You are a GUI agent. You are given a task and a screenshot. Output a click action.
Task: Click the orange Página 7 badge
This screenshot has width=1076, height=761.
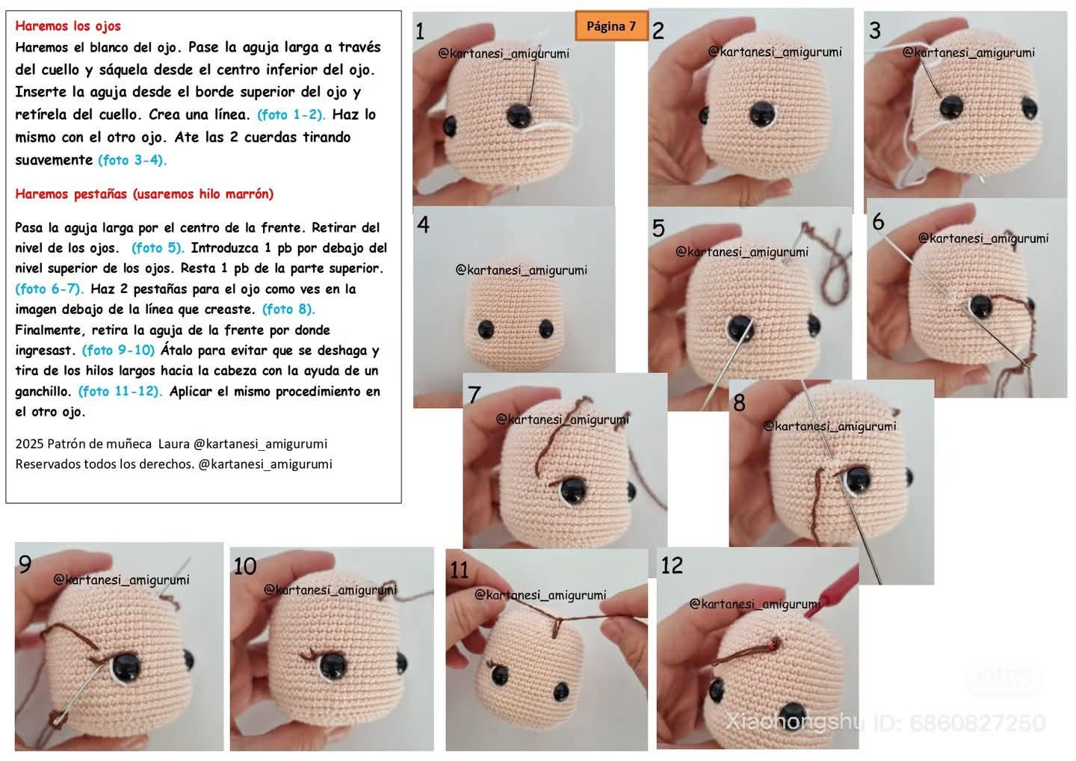point(611,25)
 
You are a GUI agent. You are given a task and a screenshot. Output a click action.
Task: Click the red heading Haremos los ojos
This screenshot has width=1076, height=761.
point(68,26)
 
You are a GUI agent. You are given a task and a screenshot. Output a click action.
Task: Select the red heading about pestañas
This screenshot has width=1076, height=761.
point(144,194)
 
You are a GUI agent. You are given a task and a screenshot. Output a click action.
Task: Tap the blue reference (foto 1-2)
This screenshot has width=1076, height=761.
point(291,115)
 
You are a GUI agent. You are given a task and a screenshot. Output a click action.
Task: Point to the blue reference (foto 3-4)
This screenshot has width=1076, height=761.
point(132,160)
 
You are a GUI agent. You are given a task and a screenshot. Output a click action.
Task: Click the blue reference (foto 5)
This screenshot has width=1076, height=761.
point(158,248)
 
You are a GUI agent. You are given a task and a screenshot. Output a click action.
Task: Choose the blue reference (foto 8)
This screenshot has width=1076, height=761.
point(288,309)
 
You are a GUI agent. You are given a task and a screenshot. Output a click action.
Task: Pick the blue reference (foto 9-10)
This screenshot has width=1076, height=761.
point(118,351)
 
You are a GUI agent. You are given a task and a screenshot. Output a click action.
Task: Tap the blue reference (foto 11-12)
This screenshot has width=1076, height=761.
point(120,391)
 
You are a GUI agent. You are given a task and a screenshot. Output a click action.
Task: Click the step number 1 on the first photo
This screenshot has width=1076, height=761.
point(420,31)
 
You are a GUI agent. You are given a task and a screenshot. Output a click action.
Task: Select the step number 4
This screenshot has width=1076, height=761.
point(423,224)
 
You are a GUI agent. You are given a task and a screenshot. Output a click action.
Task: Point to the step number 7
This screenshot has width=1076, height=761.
point(474,395)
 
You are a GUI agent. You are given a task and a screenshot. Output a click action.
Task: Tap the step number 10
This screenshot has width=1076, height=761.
point(245,567)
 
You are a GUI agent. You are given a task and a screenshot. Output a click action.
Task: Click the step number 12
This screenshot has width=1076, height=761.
point(672,565)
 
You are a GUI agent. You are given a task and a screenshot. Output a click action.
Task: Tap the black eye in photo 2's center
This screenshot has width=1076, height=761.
point(762,114)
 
